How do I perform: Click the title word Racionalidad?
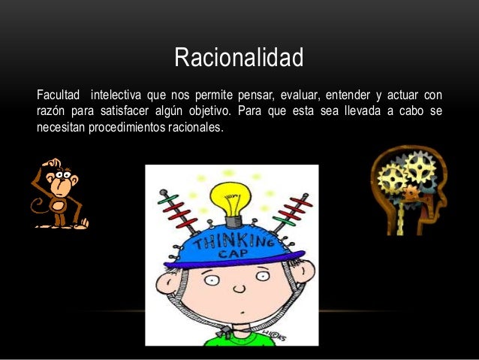[x=239, y=58]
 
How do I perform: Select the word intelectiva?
[x=117, y=96]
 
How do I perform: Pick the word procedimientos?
[x=131, y=127]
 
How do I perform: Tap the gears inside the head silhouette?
[x=405, y=177]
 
